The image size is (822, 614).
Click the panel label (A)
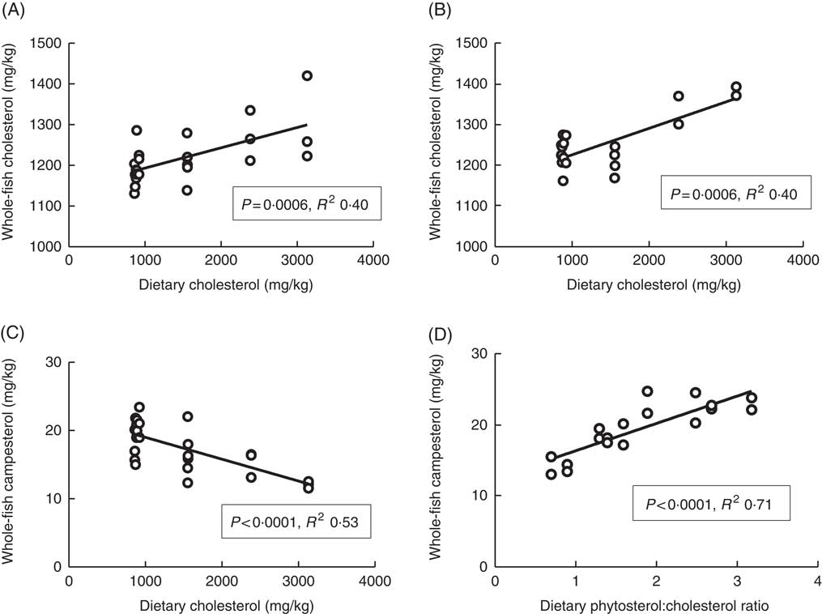pos(15,9)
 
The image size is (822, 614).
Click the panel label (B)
pos(441,9)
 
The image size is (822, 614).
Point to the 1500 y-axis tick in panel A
pos(45,43)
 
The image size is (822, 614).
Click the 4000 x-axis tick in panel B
pos(801,260)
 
